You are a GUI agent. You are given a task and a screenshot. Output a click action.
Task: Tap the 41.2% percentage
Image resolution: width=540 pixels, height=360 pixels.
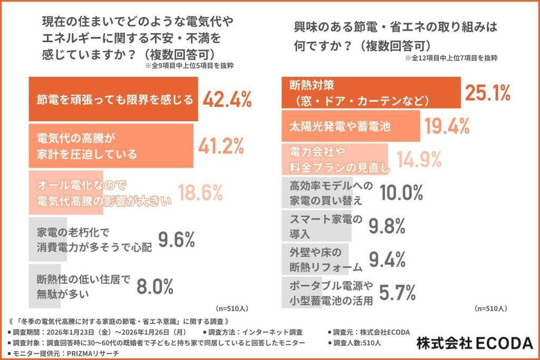221,146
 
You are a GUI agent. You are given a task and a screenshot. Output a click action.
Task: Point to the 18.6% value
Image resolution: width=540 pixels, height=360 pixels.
200,193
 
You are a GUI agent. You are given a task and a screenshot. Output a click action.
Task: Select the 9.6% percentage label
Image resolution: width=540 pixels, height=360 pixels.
177,240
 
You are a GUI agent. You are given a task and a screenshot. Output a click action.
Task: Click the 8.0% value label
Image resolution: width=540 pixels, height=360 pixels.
155,286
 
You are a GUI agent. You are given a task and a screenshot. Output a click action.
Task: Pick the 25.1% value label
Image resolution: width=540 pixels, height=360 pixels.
487,92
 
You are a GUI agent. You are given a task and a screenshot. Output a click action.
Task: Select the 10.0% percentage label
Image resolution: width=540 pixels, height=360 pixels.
402,193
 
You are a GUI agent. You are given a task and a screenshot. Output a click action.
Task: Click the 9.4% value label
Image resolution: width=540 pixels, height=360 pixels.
387,259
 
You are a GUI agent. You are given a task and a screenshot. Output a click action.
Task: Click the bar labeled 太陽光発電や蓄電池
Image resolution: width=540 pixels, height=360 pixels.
351,126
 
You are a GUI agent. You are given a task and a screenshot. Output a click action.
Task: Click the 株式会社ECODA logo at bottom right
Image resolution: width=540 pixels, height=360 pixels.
475,342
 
